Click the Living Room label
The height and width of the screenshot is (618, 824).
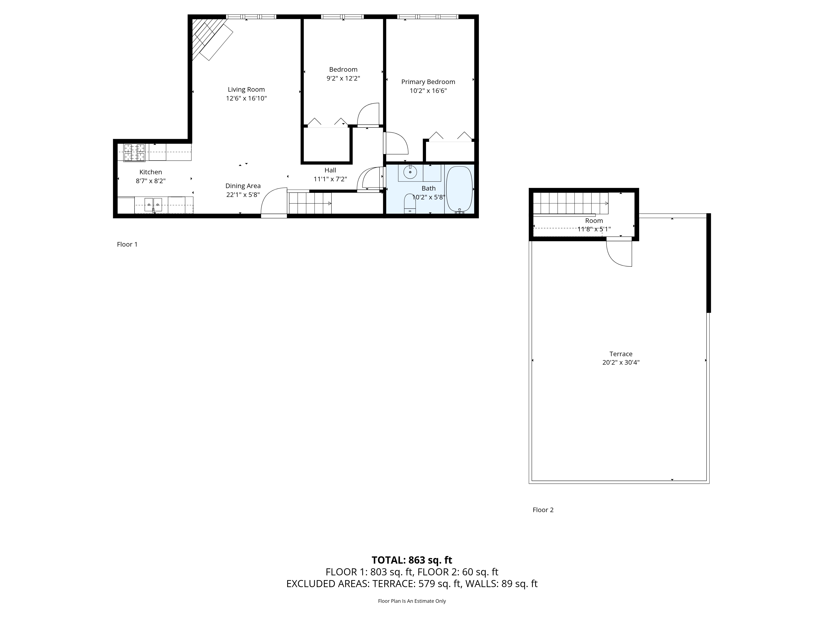click(246, 89)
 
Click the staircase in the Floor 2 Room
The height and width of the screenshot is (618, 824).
click(570, 203)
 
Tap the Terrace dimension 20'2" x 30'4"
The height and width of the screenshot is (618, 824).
click(621, 362)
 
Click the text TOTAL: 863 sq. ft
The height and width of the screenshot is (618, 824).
click(412, 560)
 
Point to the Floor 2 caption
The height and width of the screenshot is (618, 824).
click(543, 510)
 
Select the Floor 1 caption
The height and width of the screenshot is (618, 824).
click(127, 244)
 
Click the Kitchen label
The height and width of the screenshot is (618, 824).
click(151, 172)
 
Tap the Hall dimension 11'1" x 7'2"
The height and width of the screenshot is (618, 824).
click(330, 179)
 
